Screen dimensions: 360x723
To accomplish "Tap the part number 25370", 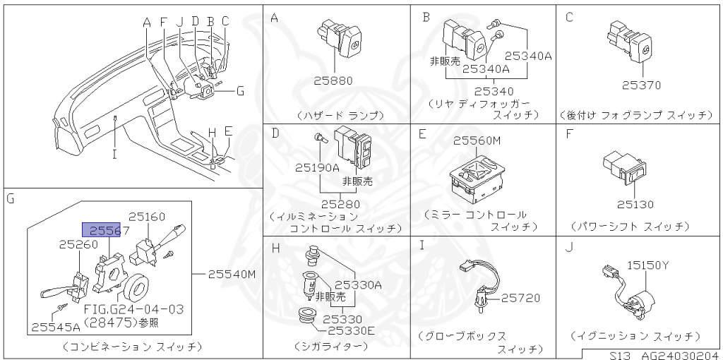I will coord(641,85).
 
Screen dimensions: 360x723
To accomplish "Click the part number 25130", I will coord(635,204).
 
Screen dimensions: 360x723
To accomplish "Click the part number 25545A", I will coord(54,327).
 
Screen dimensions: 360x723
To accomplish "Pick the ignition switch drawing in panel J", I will coord(635,291).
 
